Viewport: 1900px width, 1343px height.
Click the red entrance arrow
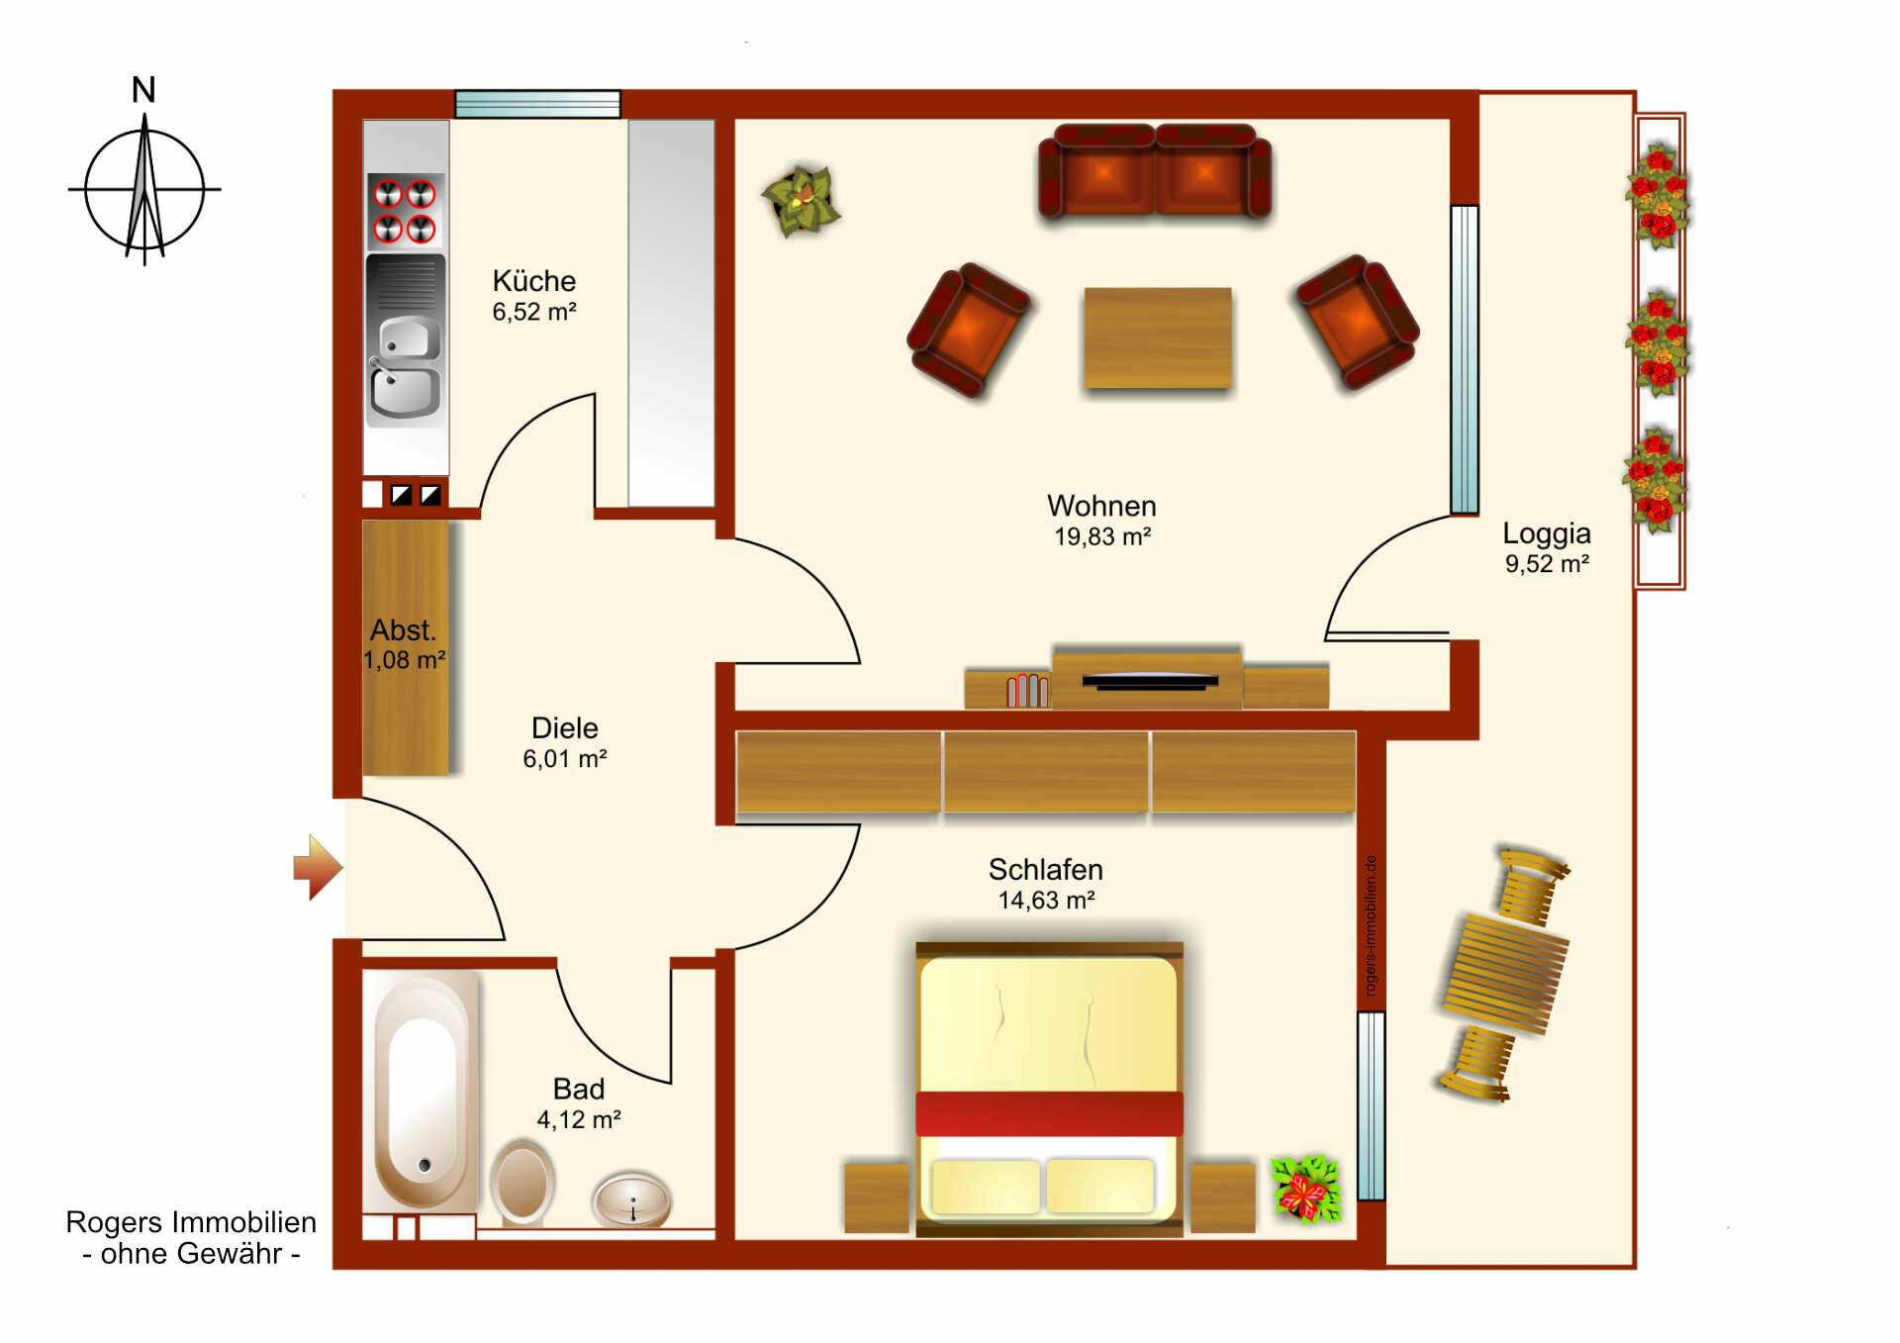tap(318, 868)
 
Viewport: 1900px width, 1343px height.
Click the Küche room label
tap(534, 281)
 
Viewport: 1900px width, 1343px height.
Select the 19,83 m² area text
tap(1102, 537)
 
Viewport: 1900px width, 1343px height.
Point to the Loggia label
tap(1547, 533)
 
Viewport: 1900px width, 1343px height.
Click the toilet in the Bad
tap(522, 1183)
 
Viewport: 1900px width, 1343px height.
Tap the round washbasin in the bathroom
tap(632, 1199)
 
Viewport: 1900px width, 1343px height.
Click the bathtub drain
tap(425, 1165)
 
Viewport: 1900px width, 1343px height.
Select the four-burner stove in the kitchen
tap(405, 210)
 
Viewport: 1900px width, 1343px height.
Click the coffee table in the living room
tap(1158, 338)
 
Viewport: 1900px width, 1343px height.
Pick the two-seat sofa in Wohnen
tap(1155, 171)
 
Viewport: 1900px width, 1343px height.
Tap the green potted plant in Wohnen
tap(802, 201)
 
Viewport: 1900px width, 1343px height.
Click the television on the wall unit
tap(1150, 681)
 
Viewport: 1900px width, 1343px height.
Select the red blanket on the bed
tap(1049, 1114)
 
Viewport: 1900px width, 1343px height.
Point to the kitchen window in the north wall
tap(537, 104)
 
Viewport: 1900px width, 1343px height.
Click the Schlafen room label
tap(1046, 870)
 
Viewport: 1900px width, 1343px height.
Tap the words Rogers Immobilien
tap(191, 1222)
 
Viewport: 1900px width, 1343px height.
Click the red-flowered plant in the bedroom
tap(1306, 1188)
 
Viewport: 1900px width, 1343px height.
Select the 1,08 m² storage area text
tap(405, 661)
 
